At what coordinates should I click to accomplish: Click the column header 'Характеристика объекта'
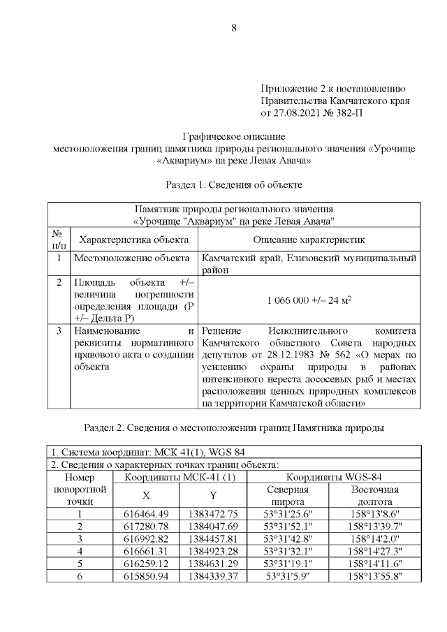[x=134, y=240]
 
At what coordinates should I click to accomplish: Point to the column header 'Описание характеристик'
[x=309, y=240]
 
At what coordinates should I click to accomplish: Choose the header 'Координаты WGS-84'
[x=335, y=477]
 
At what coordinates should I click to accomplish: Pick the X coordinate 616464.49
[x=146, y=513]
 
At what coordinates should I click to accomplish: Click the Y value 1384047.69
[x=214, y=526]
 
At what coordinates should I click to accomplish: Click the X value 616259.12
[x=146, y=564]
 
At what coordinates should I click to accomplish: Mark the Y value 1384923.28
[x=214, y=551]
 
